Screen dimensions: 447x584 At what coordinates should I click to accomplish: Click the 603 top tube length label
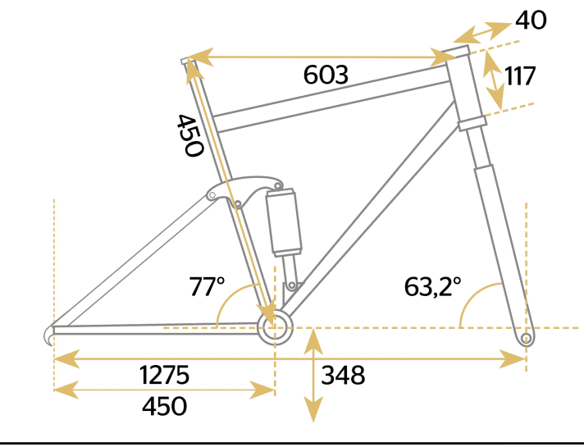pos(326,75)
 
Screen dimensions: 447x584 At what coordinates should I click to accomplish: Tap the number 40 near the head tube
pos(531,20)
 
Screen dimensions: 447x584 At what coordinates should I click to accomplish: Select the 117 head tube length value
pos(520,76)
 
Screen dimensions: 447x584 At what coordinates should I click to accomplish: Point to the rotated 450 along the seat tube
pos(189,135)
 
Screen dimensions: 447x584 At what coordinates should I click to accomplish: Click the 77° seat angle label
pos(207,287)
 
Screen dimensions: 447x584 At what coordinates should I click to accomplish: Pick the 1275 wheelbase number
pos(165,376)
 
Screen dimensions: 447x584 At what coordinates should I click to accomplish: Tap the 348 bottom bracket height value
pos(343,376)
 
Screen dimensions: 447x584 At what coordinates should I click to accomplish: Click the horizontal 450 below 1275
pos(165,406)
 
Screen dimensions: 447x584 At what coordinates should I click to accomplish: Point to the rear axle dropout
pos(51,334)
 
